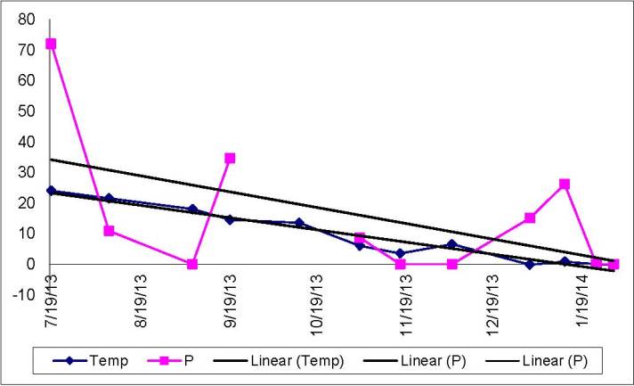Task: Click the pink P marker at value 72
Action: tap(51, 44)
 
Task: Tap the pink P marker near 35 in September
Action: tap(230, 158)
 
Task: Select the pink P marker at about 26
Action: tap(565, 185)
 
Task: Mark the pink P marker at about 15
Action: tap(530, 218)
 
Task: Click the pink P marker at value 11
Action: tap(109, 231)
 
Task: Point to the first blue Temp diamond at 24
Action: tap(51, 191)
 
